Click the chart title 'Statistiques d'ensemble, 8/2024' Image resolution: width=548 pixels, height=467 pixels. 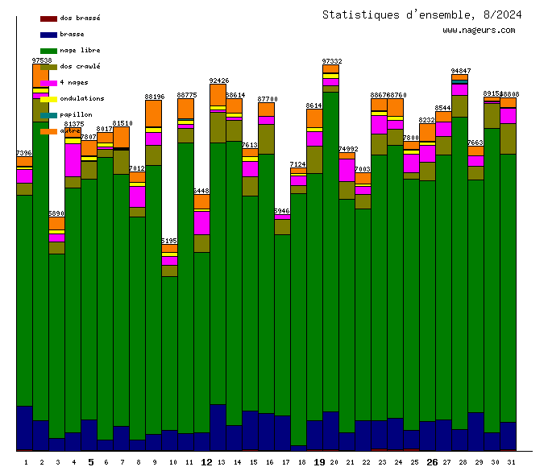(421, 14)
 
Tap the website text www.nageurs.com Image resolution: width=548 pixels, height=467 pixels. (479, 31)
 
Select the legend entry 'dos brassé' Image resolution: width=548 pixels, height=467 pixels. (80, 18)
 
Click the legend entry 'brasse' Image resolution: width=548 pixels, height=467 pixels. (72, 34)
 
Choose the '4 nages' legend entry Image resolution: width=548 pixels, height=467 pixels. (74, 82)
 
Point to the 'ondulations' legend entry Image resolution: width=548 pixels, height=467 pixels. (81, 98)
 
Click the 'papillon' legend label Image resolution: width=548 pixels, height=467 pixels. (76, 114)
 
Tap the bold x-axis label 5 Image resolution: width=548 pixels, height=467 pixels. (90, 462)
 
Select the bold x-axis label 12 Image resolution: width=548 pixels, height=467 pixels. (206, 462)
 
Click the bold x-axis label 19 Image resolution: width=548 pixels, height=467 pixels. (319, 462)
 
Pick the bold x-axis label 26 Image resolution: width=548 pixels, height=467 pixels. (432, 462)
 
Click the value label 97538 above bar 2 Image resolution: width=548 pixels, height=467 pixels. (42, 60)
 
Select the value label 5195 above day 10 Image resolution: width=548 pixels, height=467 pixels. (169, 241)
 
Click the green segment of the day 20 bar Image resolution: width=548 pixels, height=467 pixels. (330, 250)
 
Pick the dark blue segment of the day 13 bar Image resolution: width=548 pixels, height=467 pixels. (218, 427)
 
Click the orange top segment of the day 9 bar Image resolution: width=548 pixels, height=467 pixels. (153, 113)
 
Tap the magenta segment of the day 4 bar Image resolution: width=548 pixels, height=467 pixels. (73, 159)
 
